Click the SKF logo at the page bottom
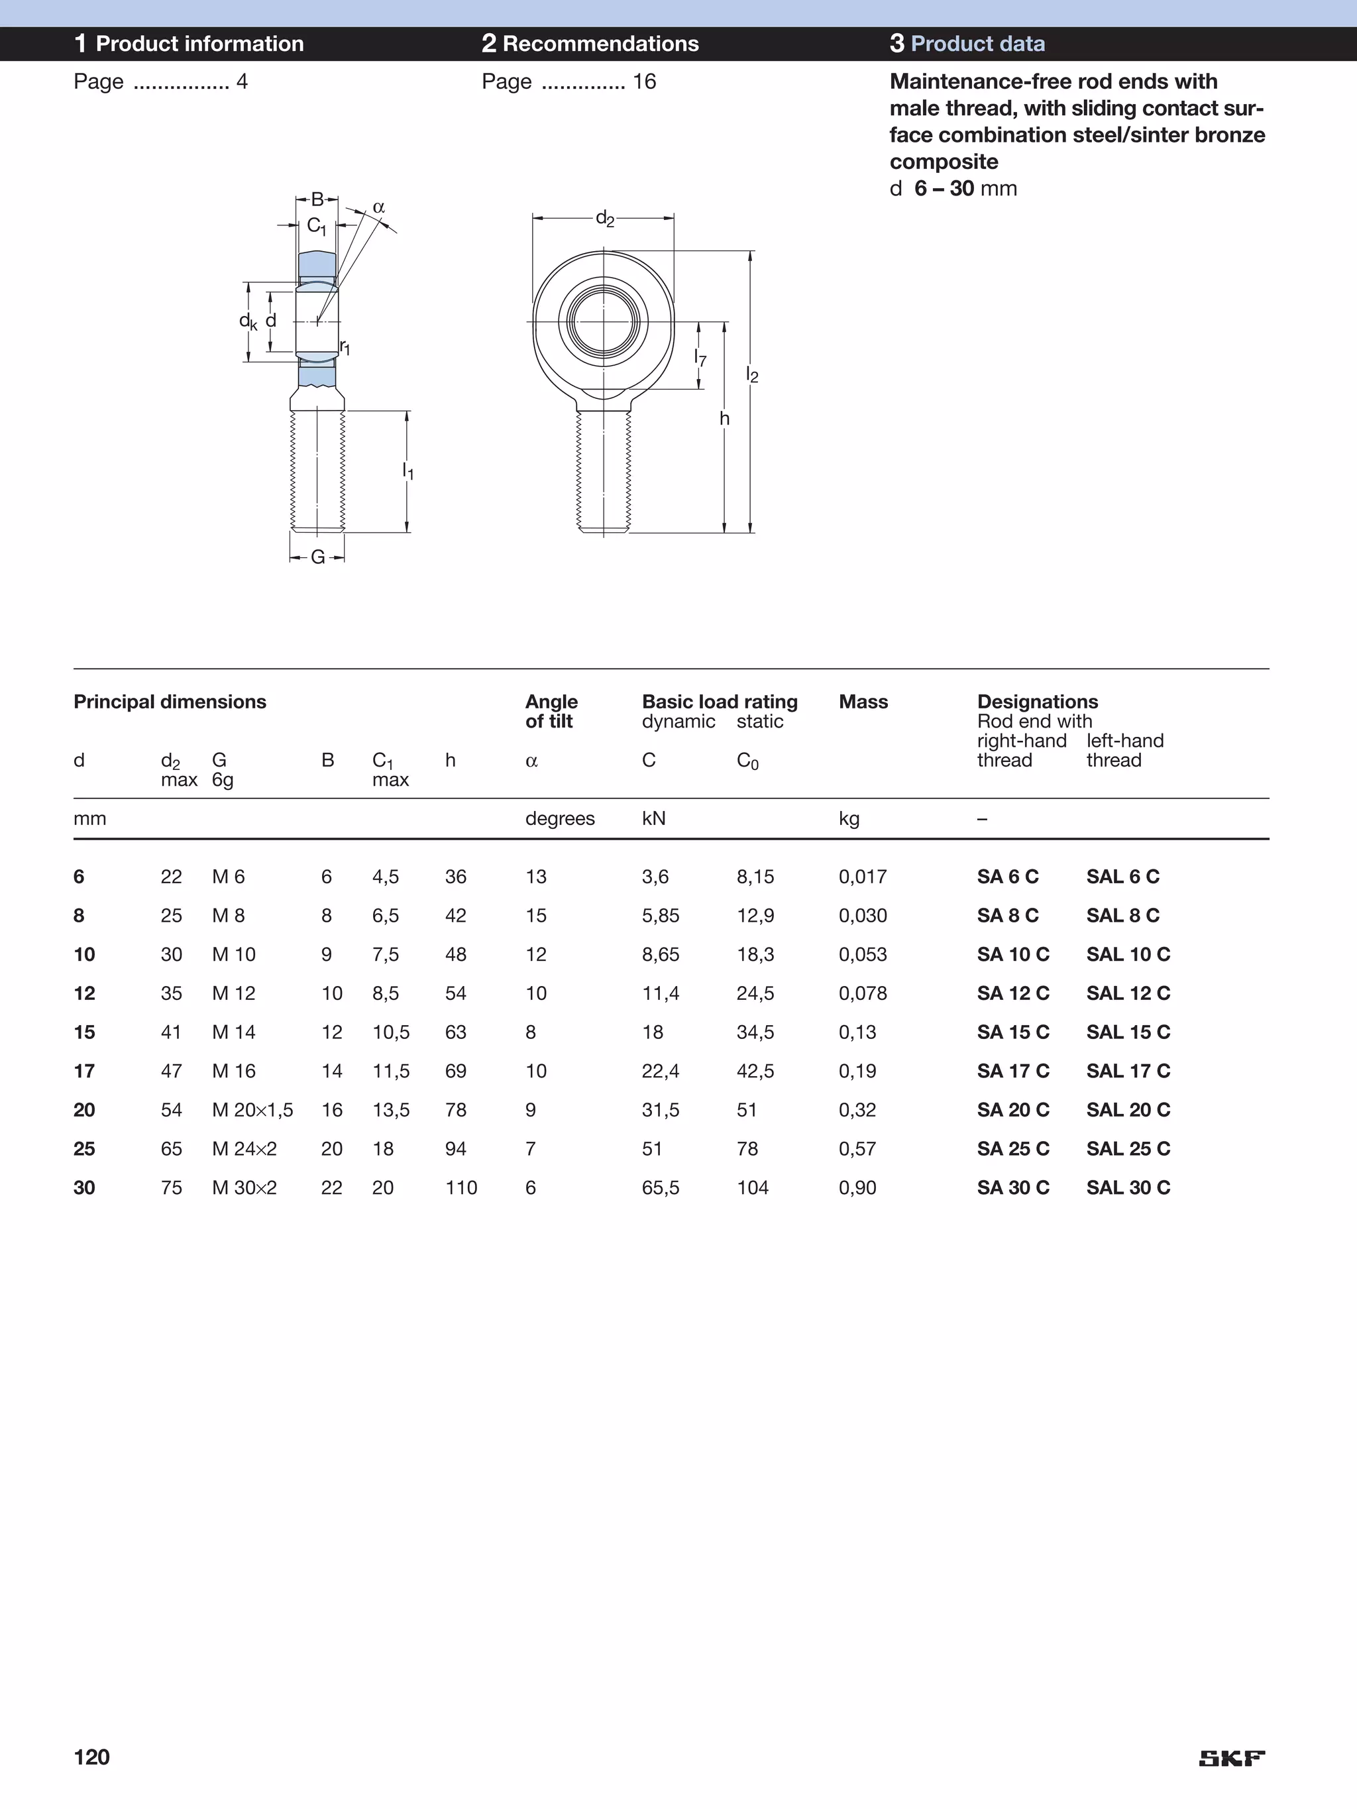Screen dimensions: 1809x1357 pyautogui.click(x=1231, y=1758)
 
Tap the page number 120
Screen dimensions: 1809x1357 pyautogui.click(x=91, y=1757)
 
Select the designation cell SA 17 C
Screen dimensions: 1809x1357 pyautogui.click(x=1012, y=1071)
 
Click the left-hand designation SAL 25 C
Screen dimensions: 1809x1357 pyautogui.click(x=1128, y=1148)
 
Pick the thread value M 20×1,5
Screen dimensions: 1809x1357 pyautogui.click(x=252, y=1110)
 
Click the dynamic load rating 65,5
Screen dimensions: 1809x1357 pyautogui.click(x=660, y=1187)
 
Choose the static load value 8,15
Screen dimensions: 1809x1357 pyautogui.click(x=754, y=877)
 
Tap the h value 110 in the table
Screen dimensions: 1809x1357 pyautogui.click(x=461, y=1187)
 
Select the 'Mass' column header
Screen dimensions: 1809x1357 pyautogui.click(x=863, y=702)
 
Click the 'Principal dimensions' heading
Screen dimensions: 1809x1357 pyautogui.click(x=170, y=702)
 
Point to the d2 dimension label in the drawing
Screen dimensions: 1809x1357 pyautogui.click(x=604, y=219)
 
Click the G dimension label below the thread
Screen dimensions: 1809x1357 pyautogui.click(x=317, y=557)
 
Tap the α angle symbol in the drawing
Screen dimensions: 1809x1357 pyautogui.click(x=379, y=207)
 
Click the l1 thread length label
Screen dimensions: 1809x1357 pyautogui.click(x=407, y=471)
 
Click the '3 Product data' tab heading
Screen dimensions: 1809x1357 pyautogui.click(x=967, y=43)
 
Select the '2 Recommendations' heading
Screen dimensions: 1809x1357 pyautogui.click(x=590, y=43)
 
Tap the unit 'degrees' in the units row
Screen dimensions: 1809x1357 pyautogui.click(x=559, y=818)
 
